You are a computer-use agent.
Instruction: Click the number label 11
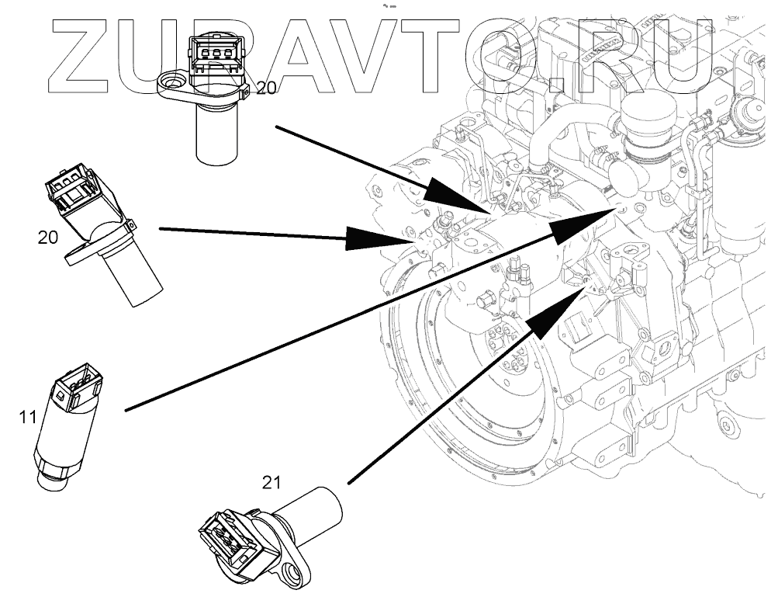28,418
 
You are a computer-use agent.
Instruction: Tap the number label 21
270,483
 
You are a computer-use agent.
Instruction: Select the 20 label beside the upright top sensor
265,89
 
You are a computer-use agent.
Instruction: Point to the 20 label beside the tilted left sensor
48,238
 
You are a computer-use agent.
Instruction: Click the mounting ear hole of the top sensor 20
172,81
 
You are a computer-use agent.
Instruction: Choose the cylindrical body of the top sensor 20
220,137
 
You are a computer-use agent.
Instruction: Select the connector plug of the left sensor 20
71,191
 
